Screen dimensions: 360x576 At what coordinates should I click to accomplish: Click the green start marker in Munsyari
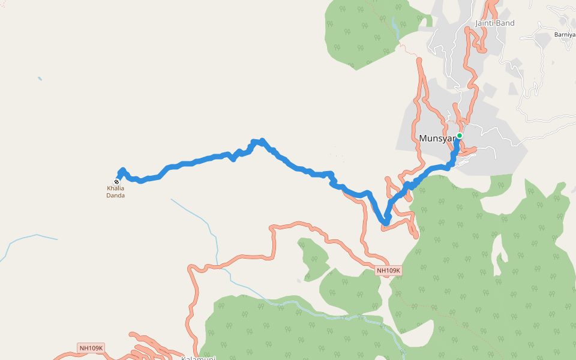pos(459,136)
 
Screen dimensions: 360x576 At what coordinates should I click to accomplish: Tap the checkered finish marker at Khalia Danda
pos(116,182)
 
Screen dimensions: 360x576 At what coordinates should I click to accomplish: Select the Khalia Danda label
pos(116,192)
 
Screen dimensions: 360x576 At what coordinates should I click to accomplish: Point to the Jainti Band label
pos(495,23)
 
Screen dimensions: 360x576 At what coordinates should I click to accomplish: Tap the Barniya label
pos(565,34)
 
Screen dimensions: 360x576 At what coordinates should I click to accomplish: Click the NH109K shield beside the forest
pos(388,271)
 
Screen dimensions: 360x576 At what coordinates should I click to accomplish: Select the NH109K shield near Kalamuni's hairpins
pos(91,348)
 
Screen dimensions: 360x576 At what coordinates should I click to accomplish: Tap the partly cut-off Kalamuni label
pos(198,358)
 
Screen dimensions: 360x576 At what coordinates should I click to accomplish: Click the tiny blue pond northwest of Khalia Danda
pos(40,79)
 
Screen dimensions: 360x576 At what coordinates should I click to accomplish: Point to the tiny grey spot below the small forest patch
pos(299,281)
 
